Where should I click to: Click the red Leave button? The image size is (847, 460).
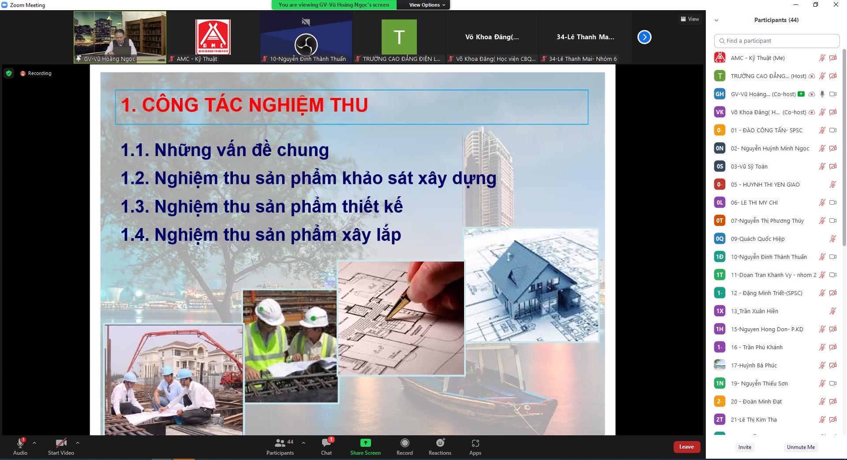click(x=686, y=447)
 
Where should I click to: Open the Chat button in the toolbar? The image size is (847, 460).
click(x=327, y=442)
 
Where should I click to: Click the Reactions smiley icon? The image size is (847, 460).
click(x=440, y=443)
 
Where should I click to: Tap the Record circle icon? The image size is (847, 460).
click(x=405, y=443)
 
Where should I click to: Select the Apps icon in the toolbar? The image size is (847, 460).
click(x=475, y=443)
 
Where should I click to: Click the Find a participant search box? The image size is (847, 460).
click(x=776, y=41)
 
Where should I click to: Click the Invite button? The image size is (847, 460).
click(x=745, y=447)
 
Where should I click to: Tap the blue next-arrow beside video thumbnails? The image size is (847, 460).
click(x=644, y=37)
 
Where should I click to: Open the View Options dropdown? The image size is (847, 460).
click(x=427, y=5)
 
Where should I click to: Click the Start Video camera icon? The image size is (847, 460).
click(x=61, y=443)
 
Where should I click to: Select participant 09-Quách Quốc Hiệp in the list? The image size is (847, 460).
click(x=757, y=239)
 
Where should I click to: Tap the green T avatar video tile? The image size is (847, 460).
click(x=399, y=37)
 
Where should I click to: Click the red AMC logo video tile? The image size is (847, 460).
click(x=213, y=37)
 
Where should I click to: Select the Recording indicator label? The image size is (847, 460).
click(x=40, y=73)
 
